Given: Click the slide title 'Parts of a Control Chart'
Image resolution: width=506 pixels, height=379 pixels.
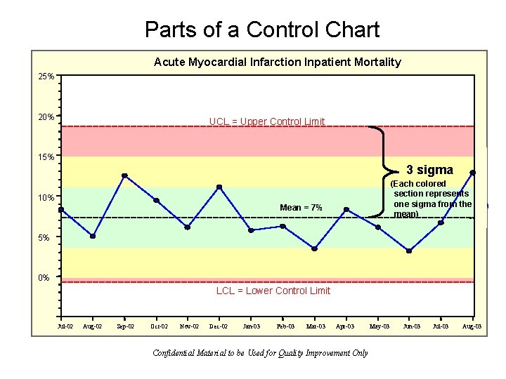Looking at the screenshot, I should click(261, 29).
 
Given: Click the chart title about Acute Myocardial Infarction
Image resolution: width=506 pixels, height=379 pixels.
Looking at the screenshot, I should click(277, 62).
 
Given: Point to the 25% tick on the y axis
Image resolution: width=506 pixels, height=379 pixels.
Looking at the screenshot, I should click(46, 76).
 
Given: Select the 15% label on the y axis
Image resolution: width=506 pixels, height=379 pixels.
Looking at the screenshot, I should click(46, 157).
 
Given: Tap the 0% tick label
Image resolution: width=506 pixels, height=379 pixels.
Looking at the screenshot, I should click(44, 278).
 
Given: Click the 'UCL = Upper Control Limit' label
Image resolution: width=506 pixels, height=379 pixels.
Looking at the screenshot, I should click(267, 121).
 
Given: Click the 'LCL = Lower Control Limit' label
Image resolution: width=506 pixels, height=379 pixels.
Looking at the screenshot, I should click(273, 291).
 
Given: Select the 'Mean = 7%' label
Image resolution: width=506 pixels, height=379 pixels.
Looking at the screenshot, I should click(301, 208).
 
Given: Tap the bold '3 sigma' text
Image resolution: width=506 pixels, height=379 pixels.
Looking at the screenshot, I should click(429, 170).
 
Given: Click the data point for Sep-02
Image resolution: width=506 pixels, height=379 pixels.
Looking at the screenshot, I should click(124, 175).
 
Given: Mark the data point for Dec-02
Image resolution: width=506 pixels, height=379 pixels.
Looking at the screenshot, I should click(219, 187).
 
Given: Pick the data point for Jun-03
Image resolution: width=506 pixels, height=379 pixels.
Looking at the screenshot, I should click(409, 251).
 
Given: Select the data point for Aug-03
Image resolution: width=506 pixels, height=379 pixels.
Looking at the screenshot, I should click(473, 173).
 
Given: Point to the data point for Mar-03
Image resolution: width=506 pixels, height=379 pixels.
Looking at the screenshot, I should click(314, 248).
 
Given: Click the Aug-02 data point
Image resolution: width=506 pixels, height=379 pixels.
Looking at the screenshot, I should click(93, 236).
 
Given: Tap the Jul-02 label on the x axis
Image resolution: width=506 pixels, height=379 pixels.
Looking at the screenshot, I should click(65, 326).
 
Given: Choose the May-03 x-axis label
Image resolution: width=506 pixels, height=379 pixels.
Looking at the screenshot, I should click(379, 326).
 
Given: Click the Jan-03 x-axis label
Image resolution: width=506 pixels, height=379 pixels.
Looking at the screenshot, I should click(251, 326).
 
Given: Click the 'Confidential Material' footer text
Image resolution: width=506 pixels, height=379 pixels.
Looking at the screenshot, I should click(260, 353).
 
